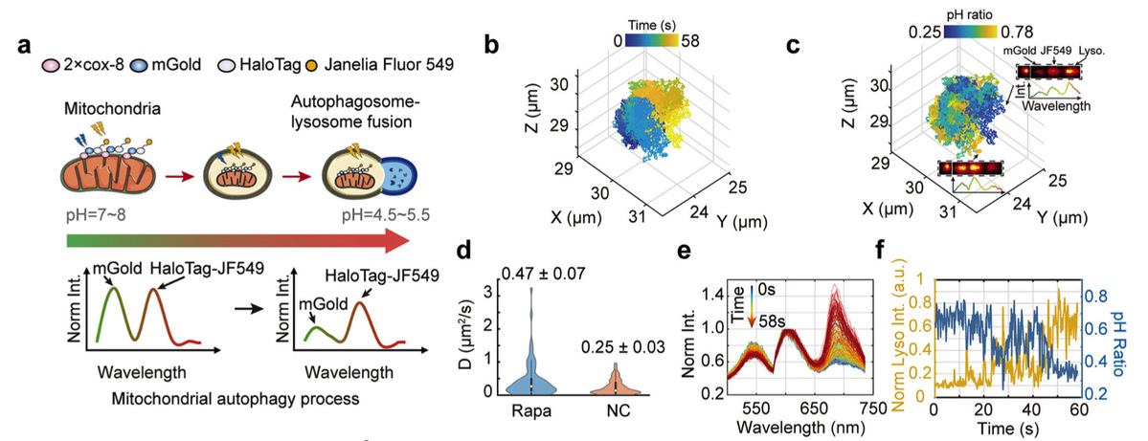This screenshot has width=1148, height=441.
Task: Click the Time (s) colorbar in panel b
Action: point(645,40)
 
